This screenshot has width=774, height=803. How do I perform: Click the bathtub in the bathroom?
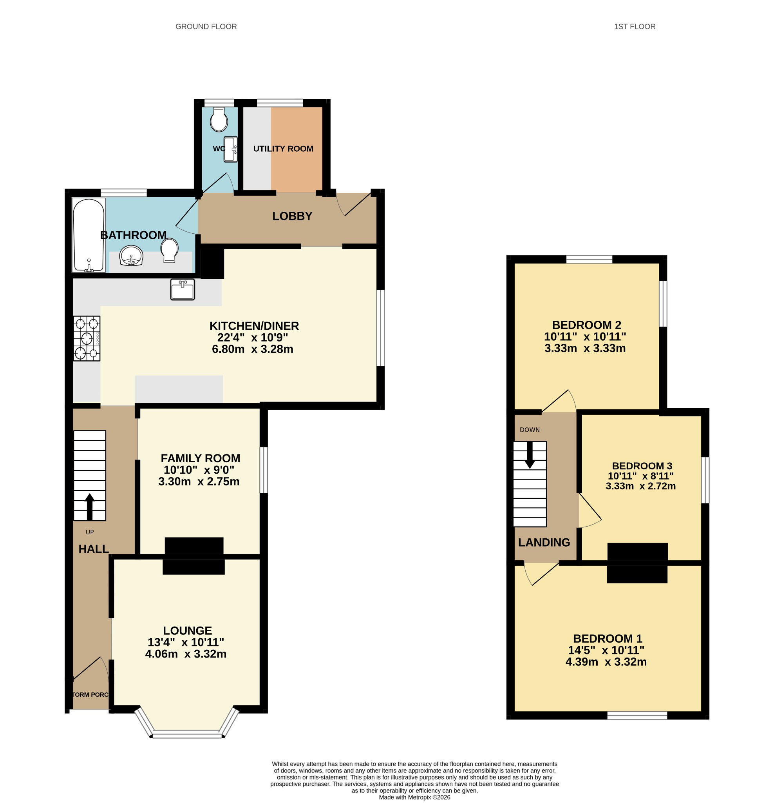point(89,235)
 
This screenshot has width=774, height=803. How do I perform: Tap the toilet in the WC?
point(219,119)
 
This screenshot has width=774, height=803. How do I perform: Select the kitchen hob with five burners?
point(86,338)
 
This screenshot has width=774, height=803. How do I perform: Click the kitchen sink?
point(183,290)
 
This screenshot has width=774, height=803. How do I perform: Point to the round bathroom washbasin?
point(131,256)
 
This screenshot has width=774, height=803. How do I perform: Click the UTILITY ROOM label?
point(283,149)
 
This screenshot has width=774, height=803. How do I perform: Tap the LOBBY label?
point(292,216)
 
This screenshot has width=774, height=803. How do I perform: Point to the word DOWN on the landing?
point(529,430)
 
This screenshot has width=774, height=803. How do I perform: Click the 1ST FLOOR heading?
point(635,27)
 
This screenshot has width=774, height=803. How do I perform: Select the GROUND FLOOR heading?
point(206,27)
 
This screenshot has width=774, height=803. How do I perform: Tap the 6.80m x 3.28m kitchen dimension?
point(253,349)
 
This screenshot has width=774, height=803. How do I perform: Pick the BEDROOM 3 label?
point(642,466)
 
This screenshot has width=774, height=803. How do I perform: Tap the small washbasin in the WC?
point(231,149)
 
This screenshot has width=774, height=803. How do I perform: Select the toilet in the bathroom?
point(170,250)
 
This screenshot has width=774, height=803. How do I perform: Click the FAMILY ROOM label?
point(200,458)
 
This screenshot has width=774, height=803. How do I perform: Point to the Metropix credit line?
point(414,797)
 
